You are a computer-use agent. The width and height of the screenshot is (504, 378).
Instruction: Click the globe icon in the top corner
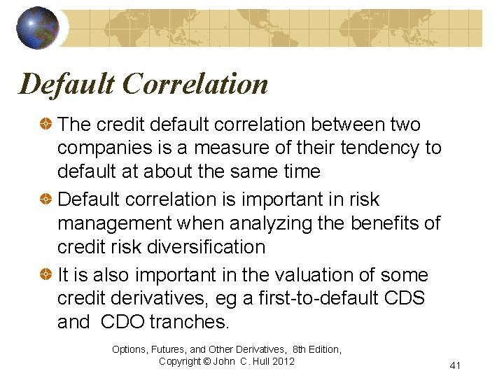pos(37,27)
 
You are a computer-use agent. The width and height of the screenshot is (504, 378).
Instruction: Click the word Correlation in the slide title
pos(195,84)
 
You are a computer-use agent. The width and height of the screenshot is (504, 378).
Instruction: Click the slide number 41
pos(456,365)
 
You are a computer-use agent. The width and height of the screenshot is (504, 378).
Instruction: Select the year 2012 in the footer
pos(282,361)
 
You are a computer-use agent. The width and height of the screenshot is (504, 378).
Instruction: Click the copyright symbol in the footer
pos(208,361)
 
